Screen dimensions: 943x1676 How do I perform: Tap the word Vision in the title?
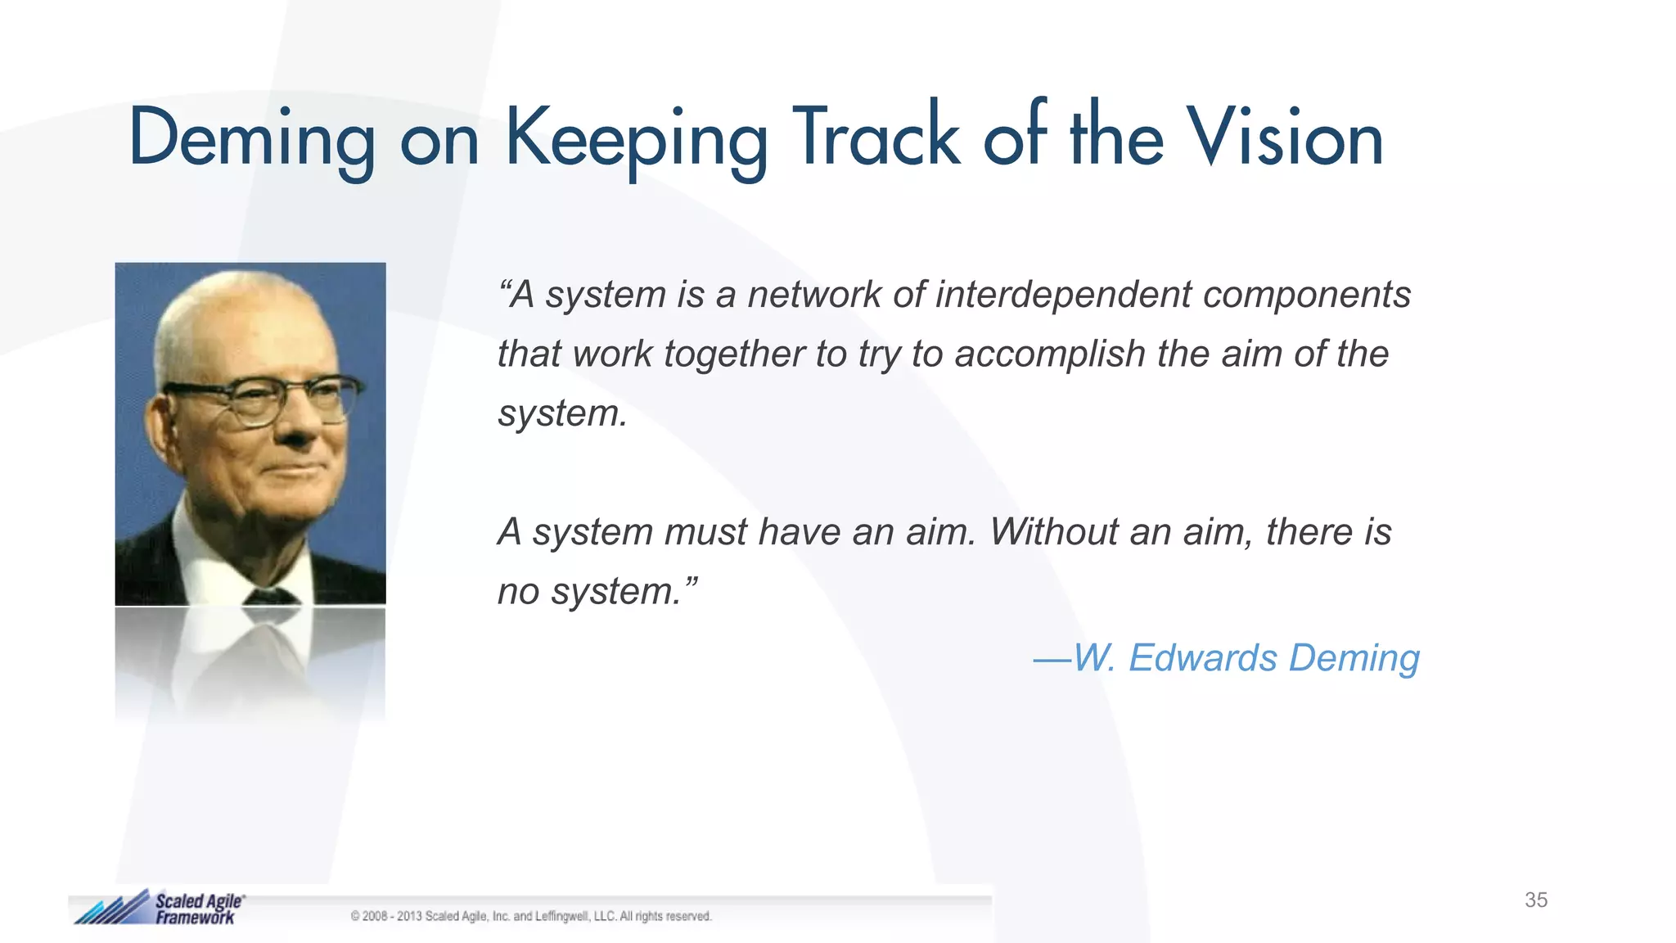[x=1285, y=138]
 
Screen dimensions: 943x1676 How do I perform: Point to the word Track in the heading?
[x=876, y=138]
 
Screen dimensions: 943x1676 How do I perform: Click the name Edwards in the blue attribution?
[x=1202, y=658]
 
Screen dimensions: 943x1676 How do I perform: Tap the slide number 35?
[x=1535, y=900]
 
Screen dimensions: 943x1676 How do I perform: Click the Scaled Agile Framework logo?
[x=160, y=908]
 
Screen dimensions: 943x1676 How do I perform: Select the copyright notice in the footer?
[x=531, y=917]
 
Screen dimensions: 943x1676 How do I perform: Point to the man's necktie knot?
[x=270, y=595]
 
